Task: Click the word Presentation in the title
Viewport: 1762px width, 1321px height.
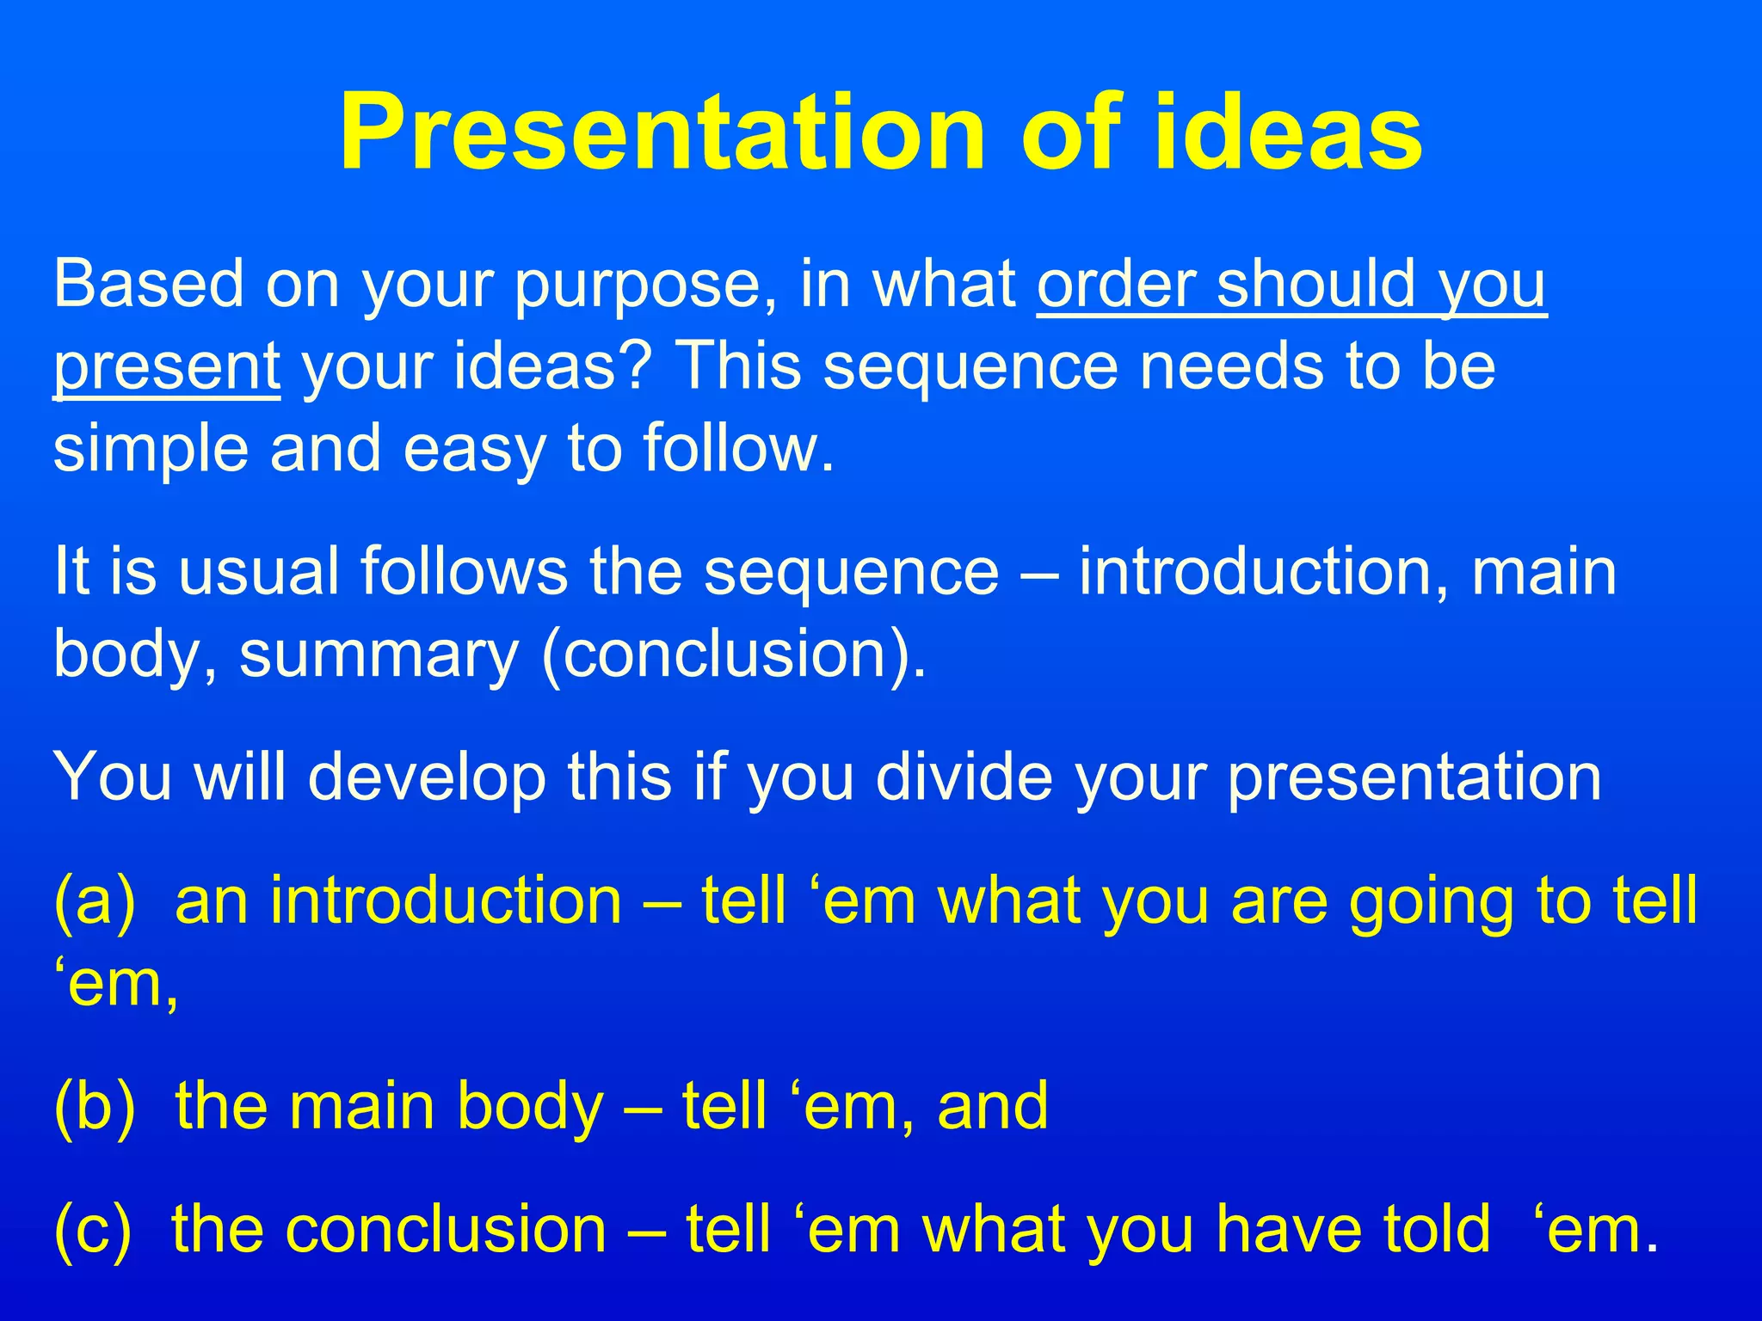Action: pos(661,133)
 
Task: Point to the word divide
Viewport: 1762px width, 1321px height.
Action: pos(964,777)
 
